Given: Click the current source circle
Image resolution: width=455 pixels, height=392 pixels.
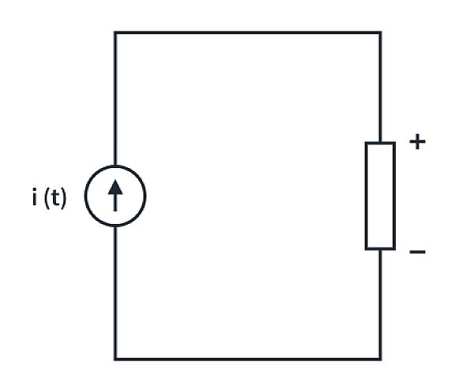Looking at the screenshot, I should pos(115,196).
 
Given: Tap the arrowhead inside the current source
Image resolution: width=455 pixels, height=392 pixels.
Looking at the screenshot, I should pos(115,186).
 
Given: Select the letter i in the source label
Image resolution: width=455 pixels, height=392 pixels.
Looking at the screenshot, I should pos(35,197).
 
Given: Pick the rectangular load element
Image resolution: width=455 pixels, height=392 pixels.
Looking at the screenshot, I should pos(380,196).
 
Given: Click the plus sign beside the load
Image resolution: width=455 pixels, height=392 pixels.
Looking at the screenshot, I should pos(417,143).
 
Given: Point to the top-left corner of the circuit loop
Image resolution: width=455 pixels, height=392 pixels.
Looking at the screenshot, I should pos(115,32).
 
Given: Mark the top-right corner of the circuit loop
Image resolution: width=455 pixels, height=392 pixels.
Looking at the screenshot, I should pos(380,32).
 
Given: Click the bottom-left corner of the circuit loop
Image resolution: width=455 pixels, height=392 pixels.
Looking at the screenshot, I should pos(115,360).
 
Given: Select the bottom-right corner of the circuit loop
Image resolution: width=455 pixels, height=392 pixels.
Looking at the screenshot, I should pos(380,360).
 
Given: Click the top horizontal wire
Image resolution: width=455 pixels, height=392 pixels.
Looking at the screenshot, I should pos(247,32).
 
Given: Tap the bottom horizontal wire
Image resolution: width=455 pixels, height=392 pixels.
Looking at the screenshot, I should pos(247,360).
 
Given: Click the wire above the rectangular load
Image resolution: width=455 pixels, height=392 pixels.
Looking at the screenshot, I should pos(380,87).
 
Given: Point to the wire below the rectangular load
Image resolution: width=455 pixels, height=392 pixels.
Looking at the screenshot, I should pos(380,304).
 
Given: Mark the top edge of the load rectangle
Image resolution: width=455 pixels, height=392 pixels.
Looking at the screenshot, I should pos(380,144).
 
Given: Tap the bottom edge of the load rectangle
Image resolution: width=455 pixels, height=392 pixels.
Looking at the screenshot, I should pos(380,248).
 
